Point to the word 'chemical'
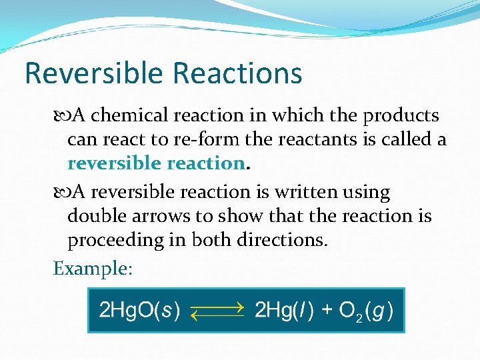click(131, 116)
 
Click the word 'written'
click(313, 193)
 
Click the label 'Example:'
click(93, 269)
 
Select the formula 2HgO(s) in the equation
click(139, 311)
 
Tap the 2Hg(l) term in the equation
click(285, 311)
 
